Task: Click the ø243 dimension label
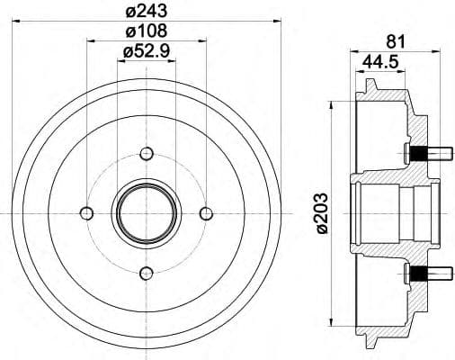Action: (147, 11)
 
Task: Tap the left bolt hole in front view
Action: (86, 212)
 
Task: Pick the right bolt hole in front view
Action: (206, 212)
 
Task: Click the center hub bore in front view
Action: (146, 212)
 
